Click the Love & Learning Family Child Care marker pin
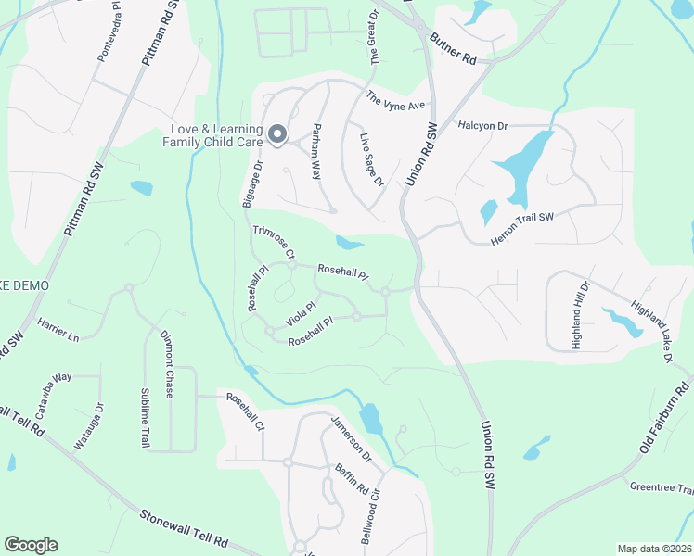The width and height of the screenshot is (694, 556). pos(277,135)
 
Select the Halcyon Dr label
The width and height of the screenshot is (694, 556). pos(482,125)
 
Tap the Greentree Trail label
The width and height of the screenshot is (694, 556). pos(662,488)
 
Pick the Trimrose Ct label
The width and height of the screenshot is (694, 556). pos(274,241)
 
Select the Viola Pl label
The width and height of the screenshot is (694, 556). pos(302,312)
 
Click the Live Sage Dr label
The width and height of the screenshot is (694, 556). pos(371,158)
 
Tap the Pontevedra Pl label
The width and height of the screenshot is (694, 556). pos(109,38)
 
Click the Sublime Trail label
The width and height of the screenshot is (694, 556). pos(145,418)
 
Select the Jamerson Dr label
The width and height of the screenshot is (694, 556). pos(352,439)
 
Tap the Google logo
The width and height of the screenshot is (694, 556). pos(31,545)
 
